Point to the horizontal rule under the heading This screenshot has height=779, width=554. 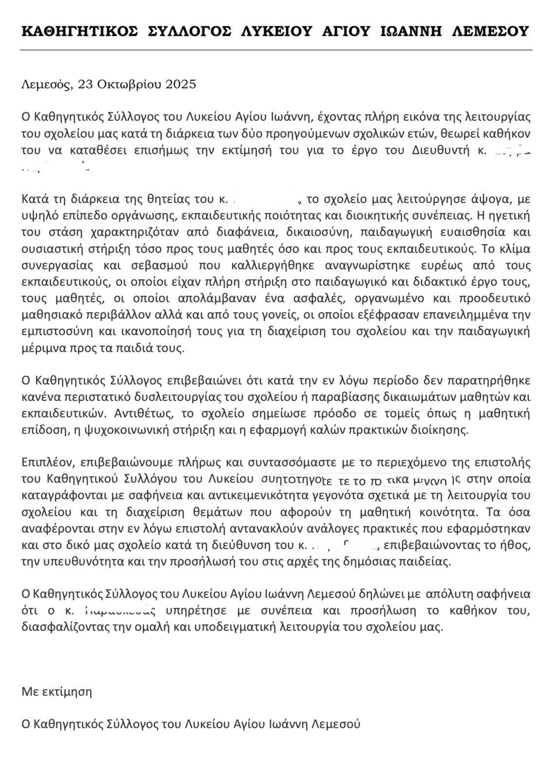(x=276, y=50)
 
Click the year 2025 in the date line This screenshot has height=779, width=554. (x=181, y=84)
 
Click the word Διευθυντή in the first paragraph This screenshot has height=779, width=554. (x=445, y=149)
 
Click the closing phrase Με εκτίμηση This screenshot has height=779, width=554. (x=56, y=691)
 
